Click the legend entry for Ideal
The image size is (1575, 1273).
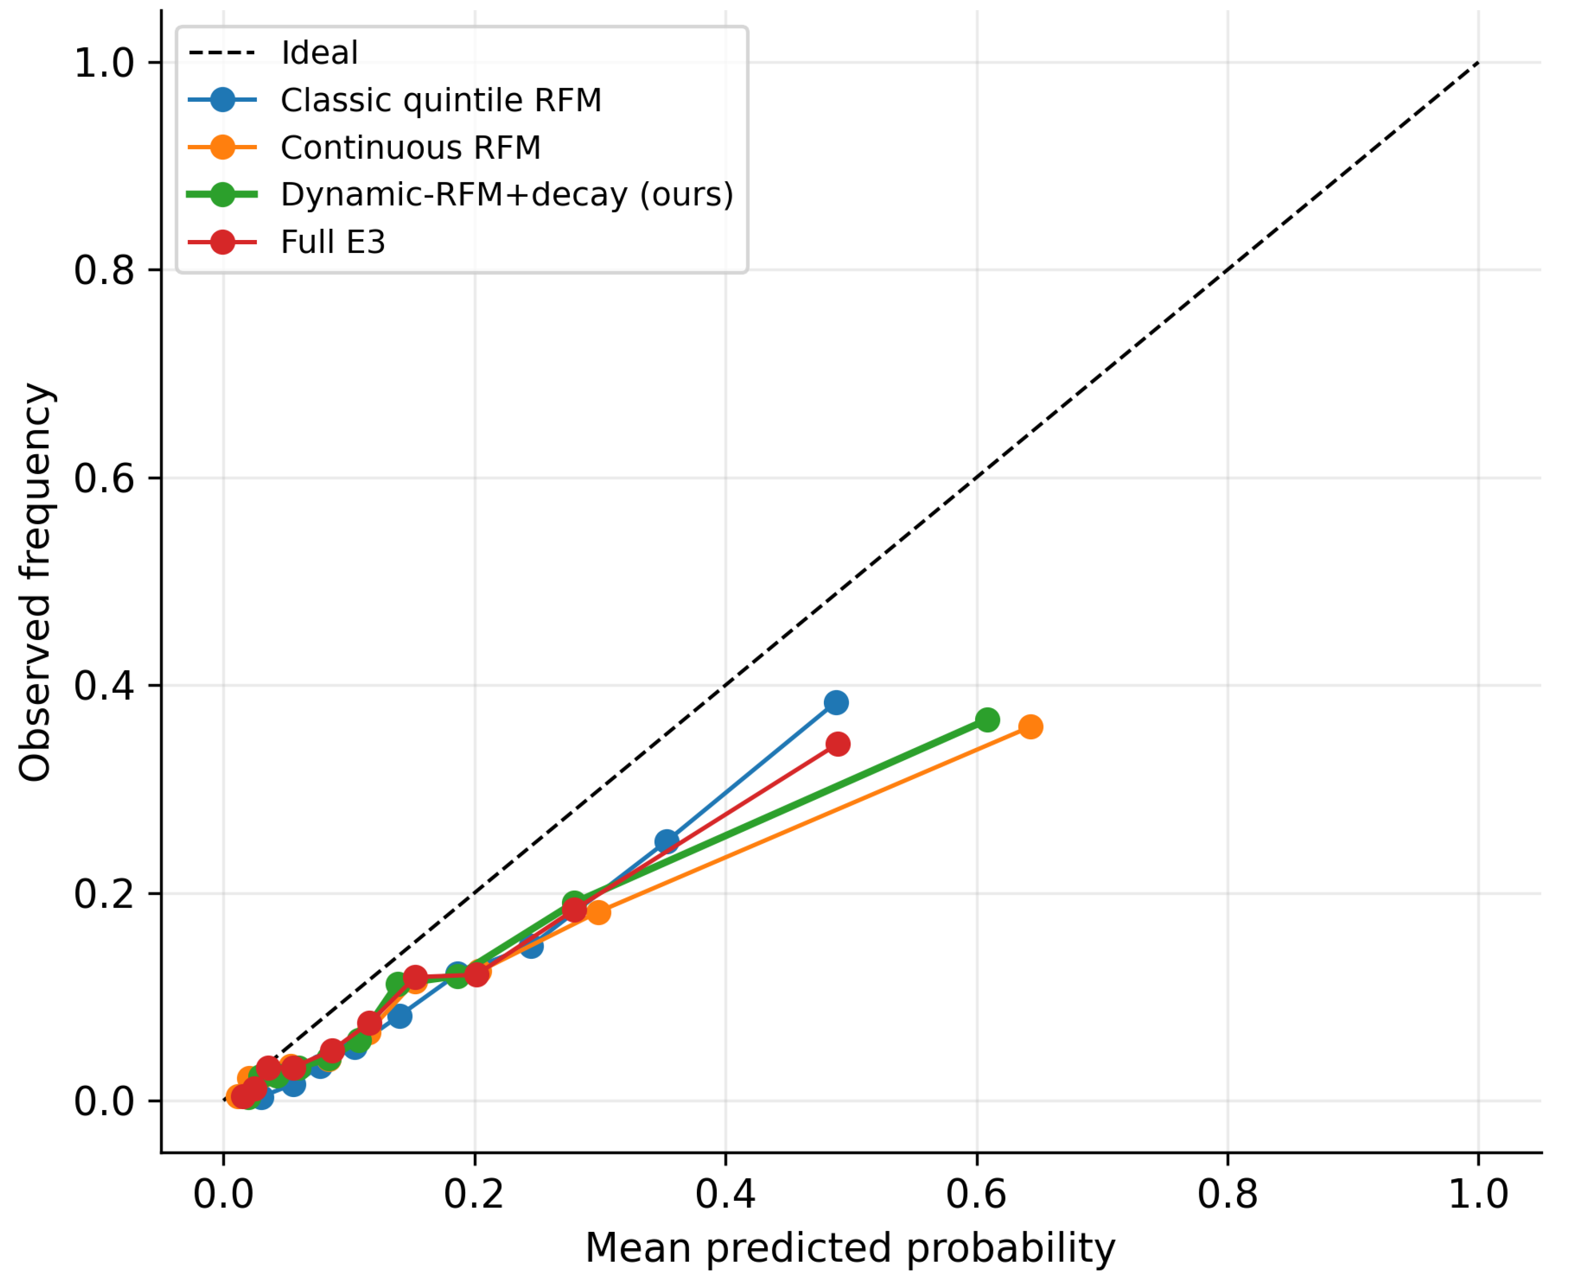(319, 53)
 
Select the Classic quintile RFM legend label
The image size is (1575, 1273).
(441, 100)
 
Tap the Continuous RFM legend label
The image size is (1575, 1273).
(411, 147)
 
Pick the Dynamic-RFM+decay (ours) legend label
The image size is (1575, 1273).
(507, 195)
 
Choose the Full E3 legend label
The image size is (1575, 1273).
(333, 242)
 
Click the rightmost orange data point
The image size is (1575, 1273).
(1030, 727)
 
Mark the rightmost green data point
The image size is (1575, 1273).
(987, 719)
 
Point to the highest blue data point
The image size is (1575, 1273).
(836, 702)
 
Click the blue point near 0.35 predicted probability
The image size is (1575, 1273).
(666, 841)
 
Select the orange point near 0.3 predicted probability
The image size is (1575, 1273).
(598, 912)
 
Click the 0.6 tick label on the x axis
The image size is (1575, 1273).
(977, 1194)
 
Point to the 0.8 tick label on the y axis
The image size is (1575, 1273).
(104, 270)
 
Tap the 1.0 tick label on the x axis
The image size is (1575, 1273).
(1478, 1194)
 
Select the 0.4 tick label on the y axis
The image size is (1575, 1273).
(104, 685)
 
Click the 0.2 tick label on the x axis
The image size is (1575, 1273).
(475, 1194)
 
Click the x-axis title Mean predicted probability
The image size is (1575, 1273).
(850, 1248)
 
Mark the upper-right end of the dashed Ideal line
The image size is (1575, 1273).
(1478, 63)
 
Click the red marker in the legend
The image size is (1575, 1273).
(222, 242)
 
